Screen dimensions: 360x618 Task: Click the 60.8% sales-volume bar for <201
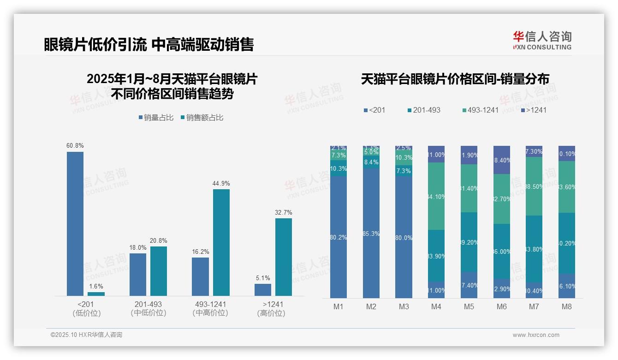click(75, 223)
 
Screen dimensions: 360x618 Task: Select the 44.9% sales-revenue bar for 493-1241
click(221, 242)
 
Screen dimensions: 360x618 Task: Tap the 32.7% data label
click(283, 212)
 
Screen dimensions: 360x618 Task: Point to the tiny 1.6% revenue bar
click(96, 294)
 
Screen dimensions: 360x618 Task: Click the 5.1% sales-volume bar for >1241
click(263, 290)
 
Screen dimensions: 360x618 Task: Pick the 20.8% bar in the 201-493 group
click(159, 271)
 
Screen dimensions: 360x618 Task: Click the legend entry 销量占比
click(156, 118)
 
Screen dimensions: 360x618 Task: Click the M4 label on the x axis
click(436, 306)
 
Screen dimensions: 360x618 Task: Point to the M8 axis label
click(567, 306)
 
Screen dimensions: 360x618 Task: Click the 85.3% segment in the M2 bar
click(371, 233)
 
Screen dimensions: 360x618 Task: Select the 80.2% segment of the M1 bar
click(339, 237)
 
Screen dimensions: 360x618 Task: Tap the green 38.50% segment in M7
click(534, 186)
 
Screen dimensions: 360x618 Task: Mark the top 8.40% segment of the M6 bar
click(502, 160)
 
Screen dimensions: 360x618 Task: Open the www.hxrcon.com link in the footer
click(536, 335)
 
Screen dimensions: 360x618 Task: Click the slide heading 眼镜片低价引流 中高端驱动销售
click(149, 44)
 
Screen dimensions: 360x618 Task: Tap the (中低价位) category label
click(148, 313)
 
